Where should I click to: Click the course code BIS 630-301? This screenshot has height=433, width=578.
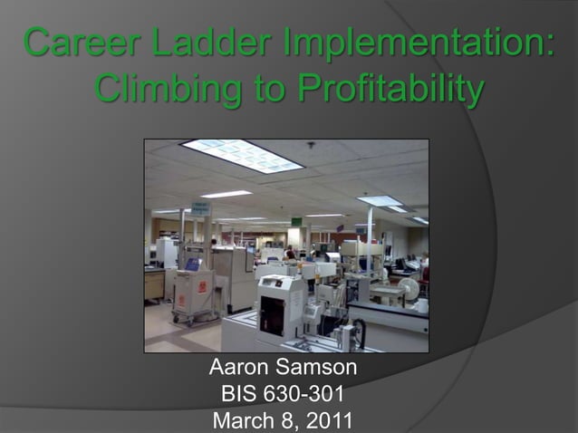click(283, 395)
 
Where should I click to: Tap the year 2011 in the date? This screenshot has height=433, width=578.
click(330, 420)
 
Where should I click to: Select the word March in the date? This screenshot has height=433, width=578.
click(242, 420)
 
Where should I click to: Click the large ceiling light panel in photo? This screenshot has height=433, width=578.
click(242, 156)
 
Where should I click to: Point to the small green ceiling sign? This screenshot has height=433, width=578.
click(296, 221)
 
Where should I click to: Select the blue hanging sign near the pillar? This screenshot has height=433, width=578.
click(201, 209)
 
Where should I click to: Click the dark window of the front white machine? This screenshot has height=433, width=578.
click(271, 313)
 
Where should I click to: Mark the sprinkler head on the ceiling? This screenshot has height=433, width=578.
click(311, 145)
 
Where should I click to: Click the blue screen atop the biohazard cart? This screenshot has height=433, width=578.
click(192, 265)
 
